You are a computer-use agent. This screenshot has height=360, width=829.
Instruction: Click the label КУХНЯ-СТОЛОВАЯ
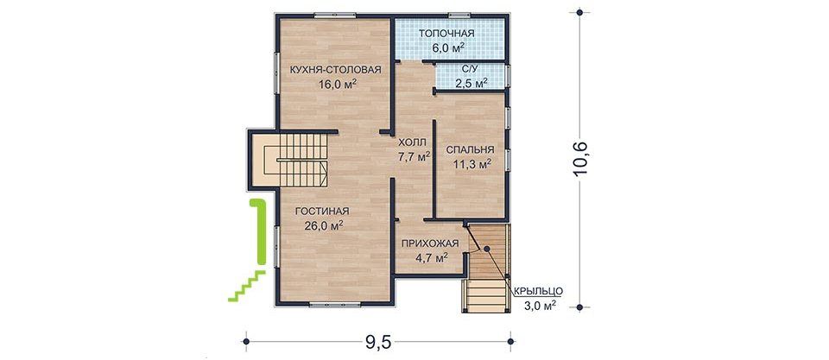335,70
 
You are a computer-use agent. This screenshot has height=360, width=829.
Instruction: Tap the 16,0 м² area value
336,84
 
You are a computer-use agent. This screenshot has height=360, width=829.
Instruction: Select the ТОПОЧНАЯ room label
446,34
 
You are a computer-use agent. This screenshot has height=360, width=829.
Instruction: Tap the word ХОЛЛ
412,142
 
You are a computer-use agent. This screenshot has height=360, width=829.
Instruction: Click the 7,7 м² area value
413,156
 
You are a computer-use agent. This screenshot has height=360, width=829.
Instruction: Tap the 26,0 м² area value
324,225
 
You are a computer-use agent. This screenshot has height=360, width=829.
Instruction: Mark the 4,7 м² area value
432,257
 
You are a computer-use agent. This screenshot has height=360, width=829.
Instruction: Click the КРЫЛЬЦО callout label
537,291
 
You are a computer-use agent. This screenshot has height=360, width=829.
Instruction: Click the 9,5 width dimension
377,343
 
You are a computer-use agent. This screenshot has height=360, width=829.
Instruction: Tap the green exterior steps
247,285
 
